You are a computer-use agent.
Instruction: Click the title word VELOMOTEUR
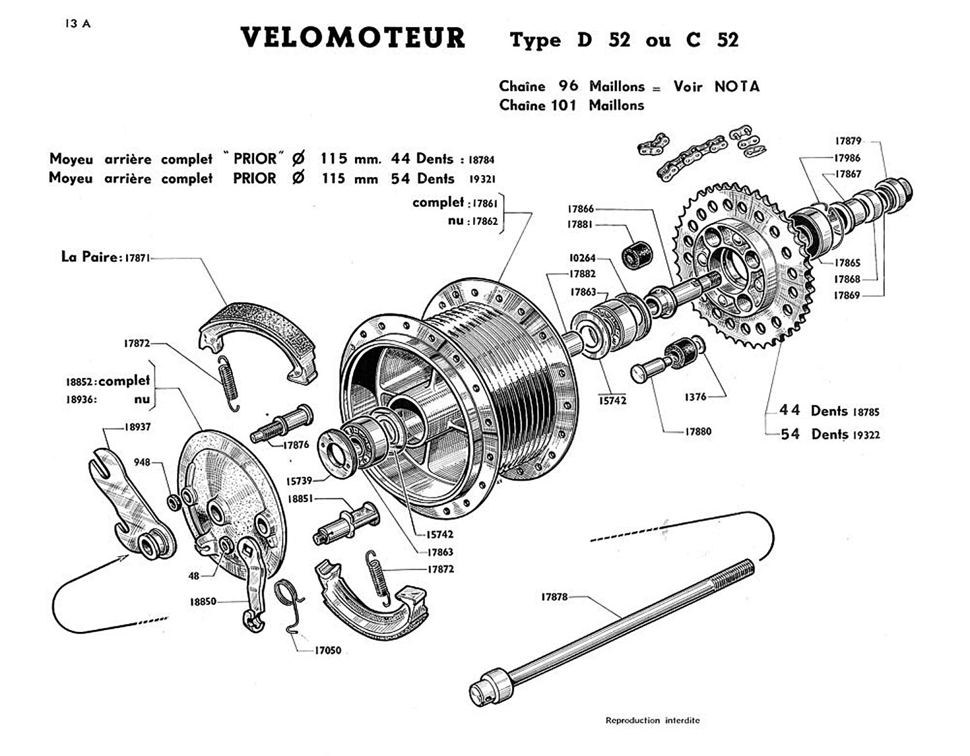pos(353,38)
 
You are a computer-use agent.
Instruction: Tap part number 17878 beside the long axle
pos(554,597)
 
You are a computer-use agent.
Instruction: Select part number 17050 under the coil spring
pos(327,650)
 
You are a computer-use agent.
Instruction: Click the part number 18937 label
pos(137,427)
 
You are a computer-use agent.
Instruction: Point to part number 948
pos(142,462)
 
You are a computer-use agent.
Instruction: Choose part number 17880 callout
pos(698,432)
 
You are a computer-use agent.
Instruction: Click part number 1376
pos(695,397)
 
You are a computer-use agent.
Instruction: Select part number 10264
pos(582,258)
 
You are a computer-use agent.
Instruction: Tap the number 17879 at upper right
pos(848,141)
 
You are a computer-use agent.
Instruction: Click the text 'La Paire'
pos(89,256)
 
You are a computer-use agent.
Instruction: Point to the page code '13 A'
pos(78,24)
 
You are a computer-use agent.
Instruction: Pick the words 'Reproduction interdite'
pos(652,720)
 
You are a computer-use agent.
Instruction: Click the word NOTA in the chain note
pos(737,86)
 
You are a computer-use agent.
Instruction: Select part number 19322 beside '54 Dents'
pos(866,435)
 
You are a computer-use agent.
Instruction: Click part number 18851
pos(301,498)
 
